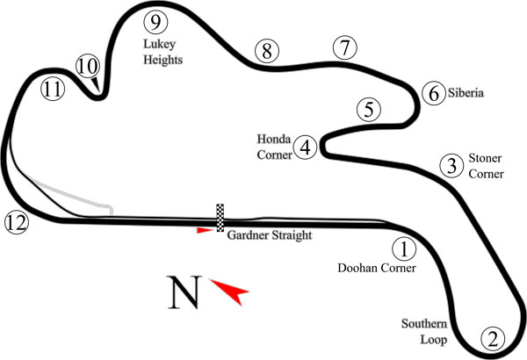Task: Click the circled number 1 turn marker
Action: tap(404, 249)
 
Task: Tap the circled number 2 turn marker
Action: tap(493, 339)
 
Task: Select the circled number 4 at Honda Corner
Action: tap(305, 148)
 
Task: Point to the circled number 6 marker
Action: tap(434, 93)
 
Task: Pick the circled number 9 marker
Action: tap(155, 22)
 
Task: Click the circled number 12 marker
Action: tap(17, 222)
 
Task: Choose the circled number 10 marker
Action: tap(88, 66)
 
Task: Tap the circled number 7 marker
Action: tap(345, 47)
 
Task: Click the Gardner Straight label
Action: tap(270, 235)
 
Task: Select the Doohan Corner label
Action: tap(377, 268)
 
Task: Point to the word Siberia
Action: tap(466, 93)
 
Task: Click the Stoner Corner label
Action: tap(486, 166)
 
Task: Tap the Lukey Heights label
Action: tap(163, 52)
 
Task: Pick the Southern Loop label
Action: tap(424, 331)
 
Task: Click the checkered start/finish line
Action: tap(220, 218)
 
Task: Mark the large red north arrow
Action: tap(229, 292)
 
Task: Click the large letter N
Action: tap(184, 292)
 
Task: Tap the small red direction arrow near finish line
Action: tap(205, 230)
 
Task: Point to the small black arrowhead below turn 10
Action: tap(96, 84)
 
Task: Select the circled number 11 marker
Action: tap(53, 90)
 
